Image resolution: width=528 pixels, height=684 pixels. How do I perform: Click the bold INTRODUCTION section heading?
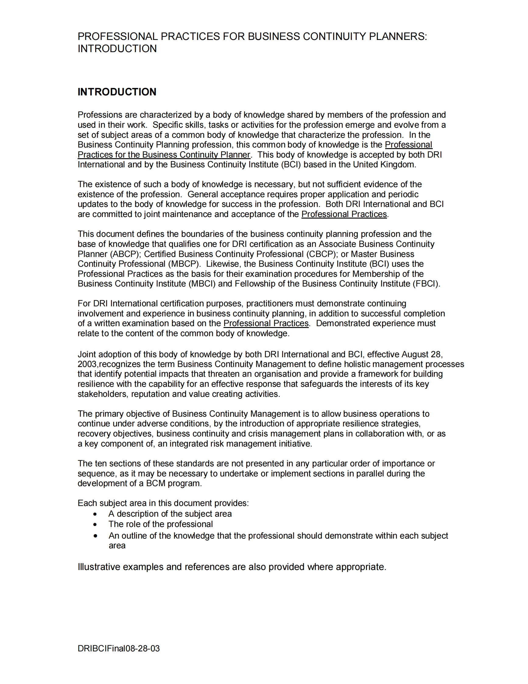tap(117, 92)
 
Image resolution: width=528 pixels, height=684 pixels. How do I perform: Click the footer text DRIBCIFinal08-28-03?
tap(118, 648)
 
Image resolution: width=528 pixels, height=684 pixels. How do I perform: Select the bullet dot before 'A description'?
tap(95, 514)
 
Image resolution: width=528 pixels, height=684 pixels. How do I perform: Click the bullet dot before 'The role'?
tap(95, 524)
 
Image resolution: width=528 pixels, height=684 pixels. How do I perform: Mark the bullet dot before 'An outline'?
tap(95, 536)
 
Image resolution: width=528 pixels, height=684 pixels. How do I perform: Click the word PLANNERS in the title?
tap(398, 37)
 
